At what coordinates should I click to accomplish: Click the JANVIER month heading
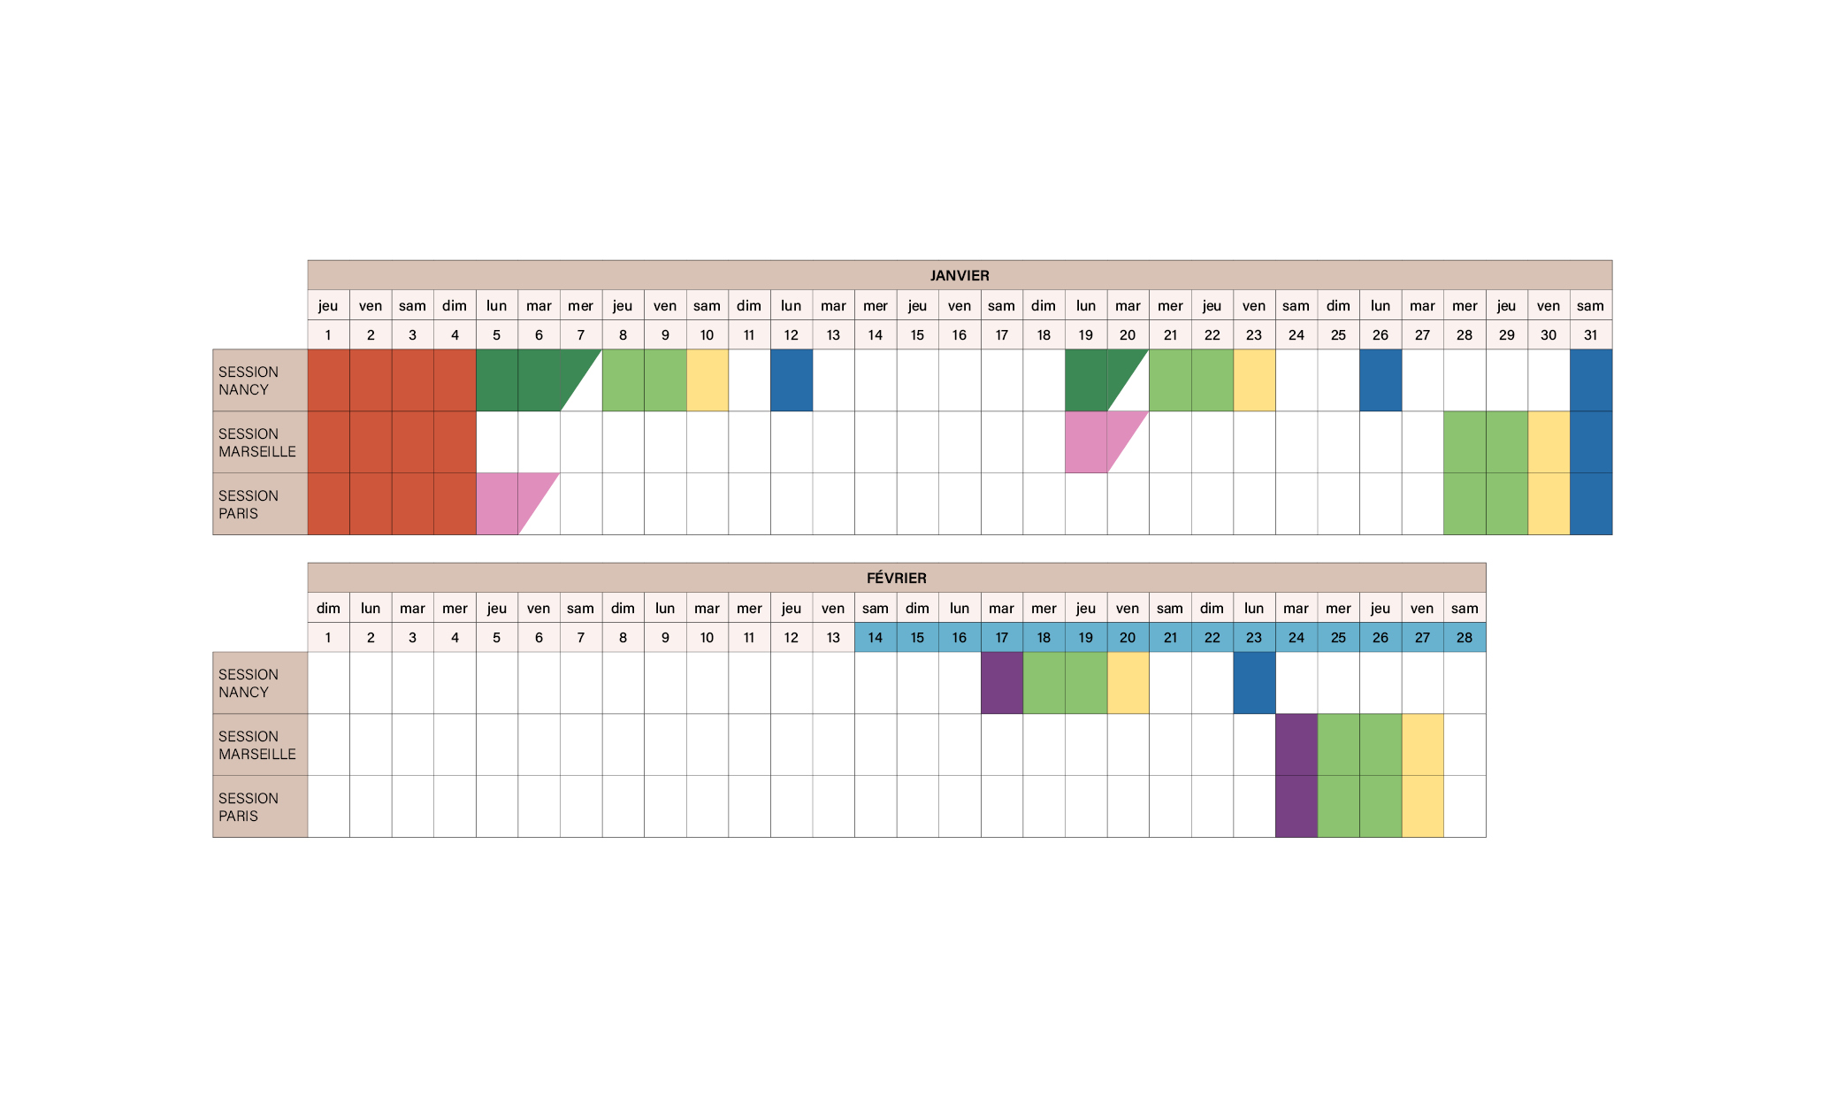[960, 275]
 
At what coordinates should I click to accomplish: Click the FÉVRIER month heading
[896, 578]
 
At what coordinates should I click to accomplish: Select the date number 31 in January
[1590, 334]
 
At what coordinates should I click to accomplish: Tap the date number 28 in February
[1465, 637]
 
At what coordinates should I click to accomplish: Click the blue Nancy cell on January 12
[792, 380]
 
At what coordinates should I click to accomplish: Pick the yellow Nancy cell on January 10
[707, 380]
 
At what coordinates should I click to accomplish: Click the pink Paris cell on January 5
[497, 503]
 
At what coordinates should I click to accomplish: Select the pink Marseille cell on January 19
[1086, 441]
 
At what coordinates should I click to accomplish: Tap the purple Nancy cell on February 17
[1002, 683]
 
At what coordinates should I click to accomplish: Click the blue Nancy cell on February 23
[1254, 683]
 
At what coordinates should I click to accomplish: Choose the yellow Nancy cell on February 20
[1128, 683]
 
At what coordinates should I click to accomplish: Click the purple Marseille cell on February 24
[1296, 745]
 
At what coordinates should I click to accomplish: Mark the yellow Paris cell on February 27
[1422, 807]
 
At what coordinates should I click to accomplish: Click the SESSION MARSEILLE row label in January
[257, 442]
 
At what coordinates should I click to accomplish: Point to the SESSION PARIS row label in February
[249, 807]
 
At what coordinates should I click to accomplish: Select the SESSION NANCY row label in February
[249, 683]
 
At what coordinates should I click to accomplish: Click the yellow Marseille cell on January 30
[1549, 441]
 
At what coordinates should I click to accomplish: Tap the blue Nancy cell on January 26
[1381, 380]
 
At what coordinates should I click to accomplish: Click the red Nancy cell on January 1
[328, 380]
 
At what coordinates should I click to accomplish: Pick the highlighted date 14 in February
[876, 637]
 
